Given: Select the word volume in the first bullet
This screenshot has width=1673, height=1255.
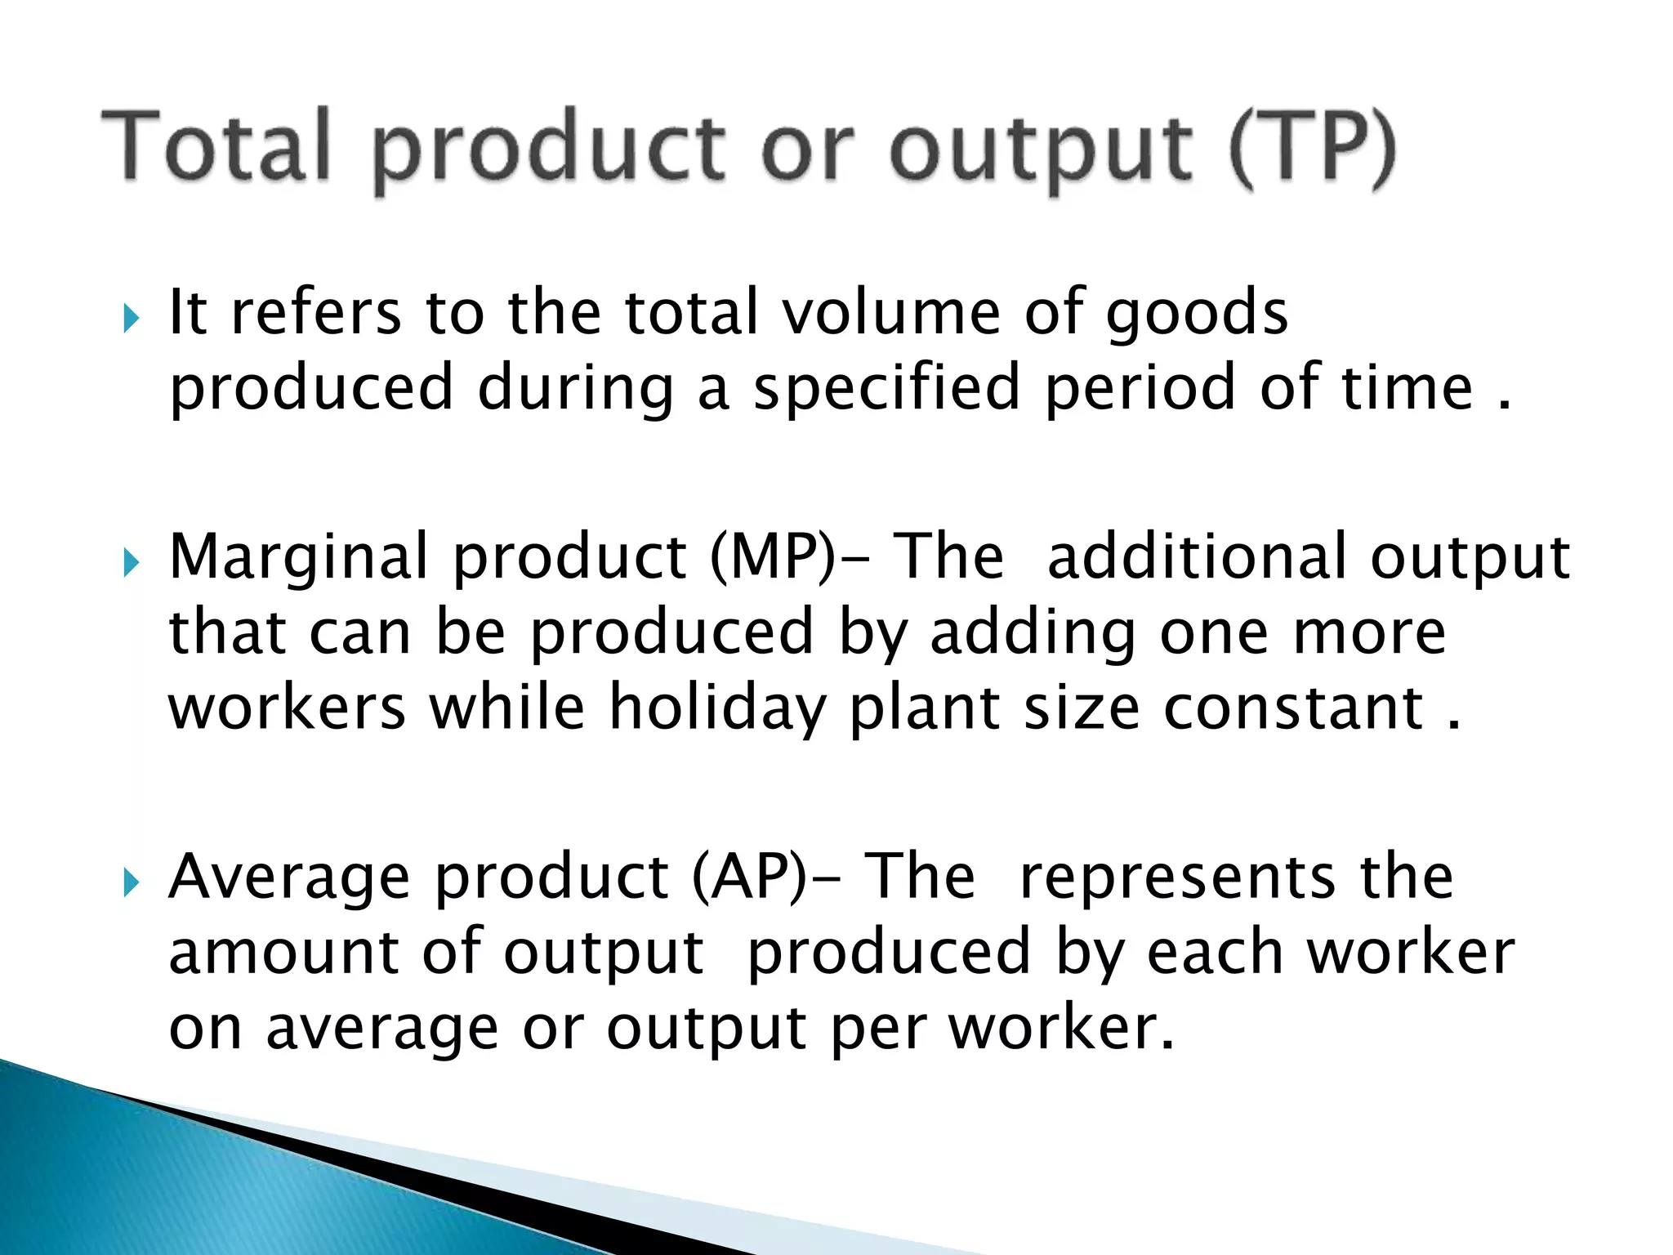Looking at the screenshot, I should (891, 312).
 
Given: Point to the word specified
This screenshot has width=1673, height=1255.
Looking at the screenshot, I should (886, 389).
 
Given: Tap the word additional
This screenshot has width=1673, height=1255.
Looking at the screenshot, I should (1196, 556).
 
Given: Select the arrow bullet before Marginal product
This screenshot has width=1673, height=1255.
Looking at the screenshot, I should (132, 562).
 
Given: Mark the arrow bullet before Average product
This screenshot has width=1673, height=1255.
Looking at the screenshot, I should (132, 882).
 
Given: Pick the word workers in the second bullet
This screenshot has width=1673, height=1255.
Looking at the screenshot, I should (287, 708).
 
